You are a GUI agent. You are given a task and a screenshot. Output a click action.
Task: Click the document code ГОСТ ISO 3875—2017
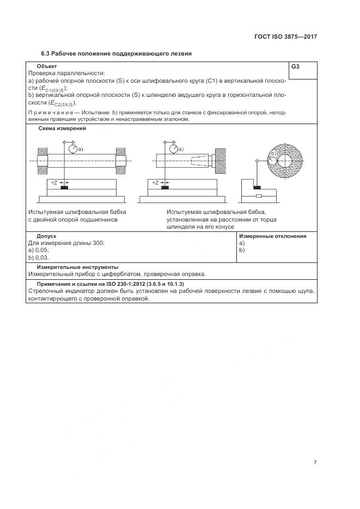tap(285, 37)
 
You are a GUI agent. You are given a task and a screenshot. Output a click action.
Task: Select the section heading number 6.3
tap(46, 54)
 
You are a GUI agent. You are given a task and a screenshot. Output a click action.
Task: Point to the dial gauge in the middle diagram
tap(174, 149)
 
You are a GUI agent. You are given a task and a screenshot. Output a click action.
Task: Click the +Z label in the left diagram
tap(54, 183)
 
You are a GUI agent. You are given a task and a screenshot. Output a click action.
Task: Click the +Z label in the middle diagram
tap(155, 183)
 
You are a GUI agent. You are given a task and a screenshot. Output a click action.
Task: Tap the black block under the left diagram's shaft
tap(64, 188)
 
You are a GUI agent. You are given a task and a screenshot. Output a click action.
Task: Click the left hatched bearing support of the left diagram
tap(41, 161)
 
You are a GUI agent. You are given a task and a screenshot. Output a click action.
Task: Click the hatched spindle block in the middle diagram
tap(221, 161)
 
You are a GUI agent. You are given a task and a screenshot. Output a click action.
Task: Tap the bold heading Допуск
tap(47, 236)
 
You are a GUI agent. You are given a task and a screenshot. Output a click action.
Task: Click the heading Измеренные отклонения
tap(272, 236)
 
